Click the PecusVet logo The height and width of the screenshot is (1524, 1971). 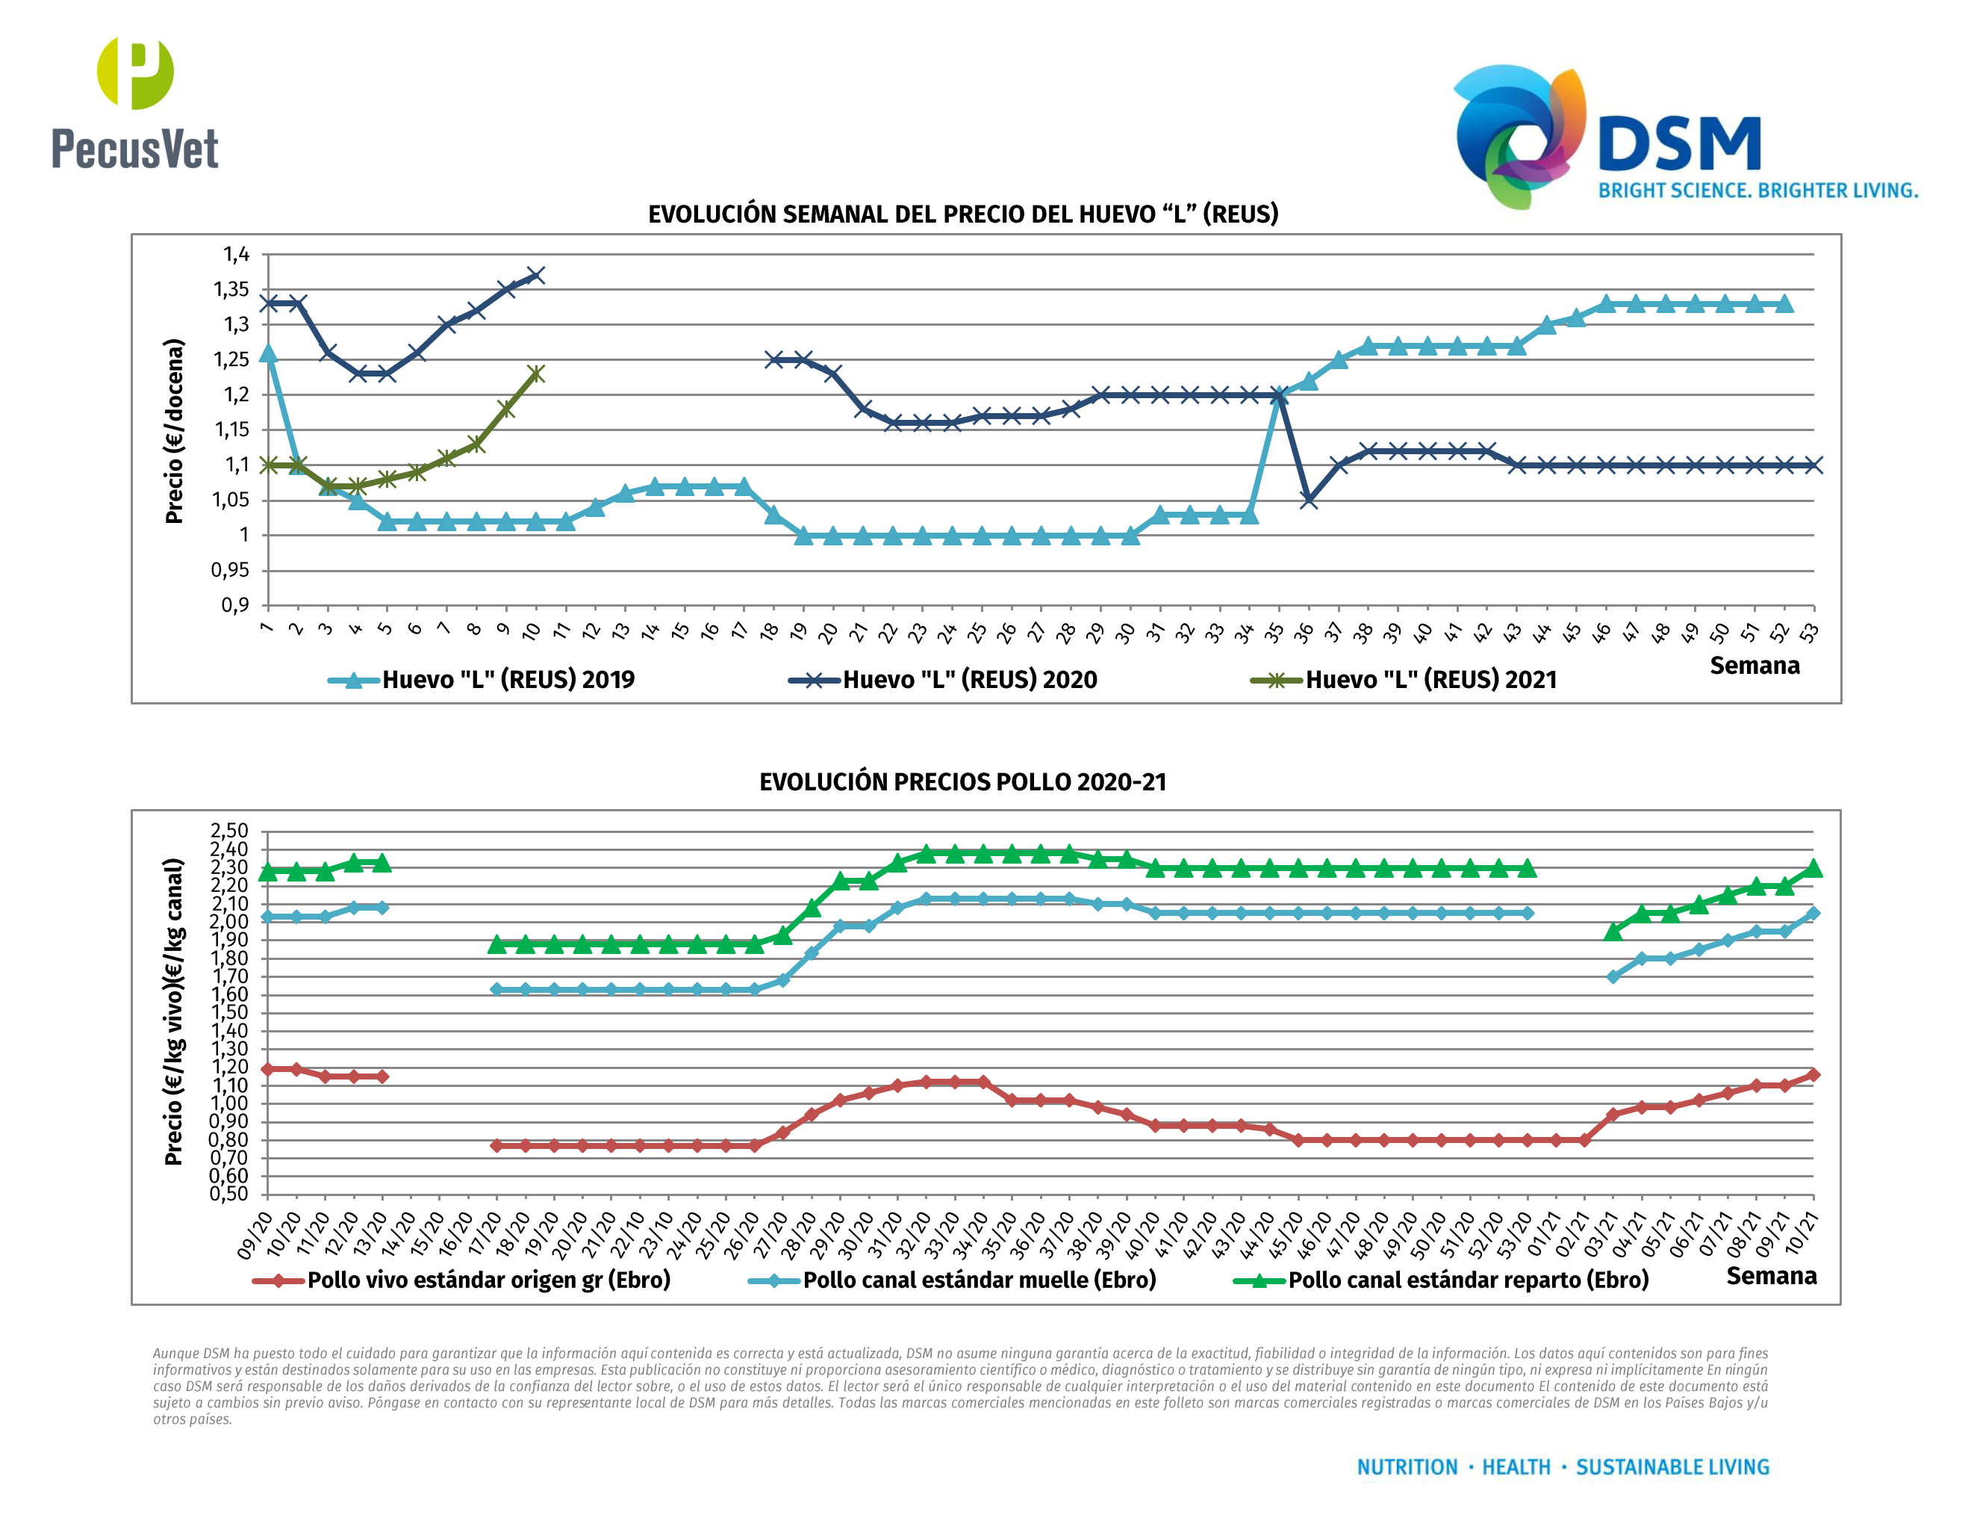(135, 104)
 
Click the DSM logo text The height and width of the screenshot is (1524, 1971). (1678, 144)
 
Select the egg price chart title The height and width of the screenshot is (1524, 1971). (963, 214)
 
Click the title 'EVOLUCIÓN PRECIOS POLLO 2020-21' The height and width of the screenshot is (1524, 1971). (963, 782)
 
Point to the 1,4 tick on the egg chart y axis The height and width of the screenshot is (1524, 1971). (237, 255)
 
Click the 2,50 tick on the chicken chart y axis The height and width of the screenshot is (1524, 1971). (229, 830)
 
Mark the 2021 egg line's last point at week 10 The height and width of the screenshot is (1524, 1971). (535, 374)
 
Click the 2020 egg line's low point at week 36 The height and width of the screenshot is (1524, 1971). (1309, 501)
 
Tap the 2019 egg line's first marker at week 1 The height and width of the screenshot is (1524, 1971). (268, 353)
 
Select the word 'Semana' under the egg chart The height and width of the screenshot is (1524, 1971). (1754, 666)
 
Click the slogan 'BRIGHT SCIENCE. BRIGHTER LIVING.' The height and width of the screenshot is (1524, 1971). (1758, 190)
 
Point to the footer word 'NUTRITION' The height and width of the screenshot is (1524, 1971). (1407, 1467)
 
